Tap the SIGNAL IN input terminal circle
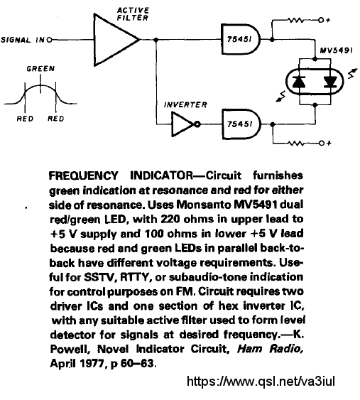click(x=50, y=40)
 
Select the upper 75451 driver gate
click(x=241, y=40)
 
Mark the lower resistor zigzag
click(x=296, y=143)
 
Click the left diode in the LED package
click(x=299, y=82)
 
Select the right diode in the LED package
click(x=330, y=82)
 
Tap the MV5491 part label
click(x=337, y=50)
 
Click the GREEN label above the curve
click(x=40, y=69)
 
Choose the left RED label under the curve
click(x=25, y=119)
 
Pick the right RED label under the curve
click(x=56, y=119)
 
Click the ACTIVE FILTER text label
click(x=133, y=14)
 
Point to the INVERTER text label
click(x=185, y=105)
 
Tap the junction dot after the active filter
click(x=156, y=40)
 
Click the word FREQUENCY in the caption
click(x=83, y=175)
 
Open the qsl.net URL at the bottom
click(x=261, y=381)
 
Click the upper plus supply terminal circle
click(x=321, y=20)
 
